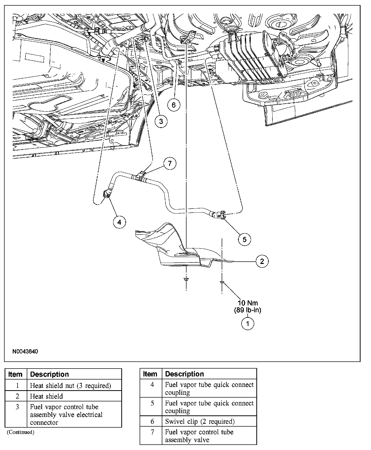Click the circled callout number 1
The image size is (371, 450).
(x=247, y=324)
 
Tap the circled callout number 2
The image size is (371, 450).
(x=262, y=261)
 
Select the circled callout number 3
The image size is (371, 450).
(x=161, y=121)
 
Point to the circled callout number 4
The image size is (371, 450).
(x=119, y=222)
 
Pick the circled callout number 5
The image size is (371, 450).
(x=245, y=239)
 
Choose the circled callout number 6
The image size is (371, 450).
(x=174, y=105)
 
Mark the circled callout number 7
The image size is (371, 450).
(x=170, y=163)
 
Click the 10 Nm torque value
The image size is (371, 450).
(x=248, y=303)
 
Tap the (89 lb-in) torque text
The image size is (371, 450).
(x=248, y=310)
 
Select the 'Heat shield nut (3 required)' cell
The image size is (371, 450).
(x=71, y=386)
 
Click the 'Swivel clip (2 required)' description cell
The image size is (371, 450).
(x=200, y=421)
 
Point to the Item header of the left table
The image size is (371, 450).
(x=15, y=374)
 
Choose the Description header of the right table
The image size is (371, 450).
(x=184, y=374)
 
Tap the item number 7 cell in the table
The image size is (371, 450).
(x=152, y=432)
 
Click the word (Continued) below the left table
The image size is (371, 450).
(x=20, y=432)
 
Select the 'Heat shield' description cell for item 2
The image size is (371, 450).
(x=46, y=396)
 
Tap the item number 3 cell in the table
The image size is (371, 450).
(x=17, y=407)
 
